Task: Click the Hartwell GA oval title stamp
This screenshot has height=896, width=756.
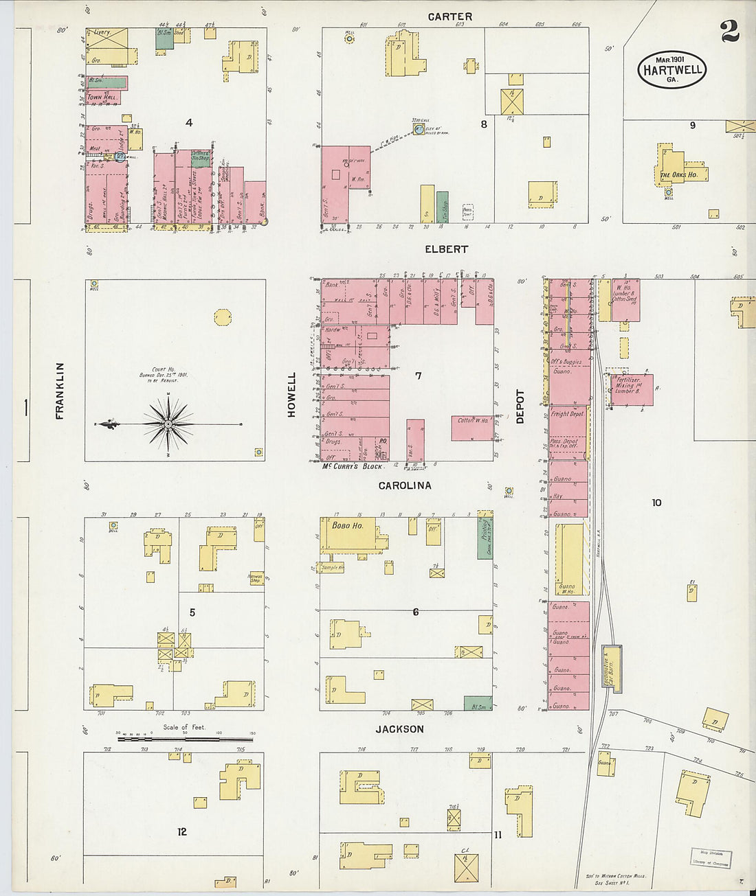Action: point(671,69)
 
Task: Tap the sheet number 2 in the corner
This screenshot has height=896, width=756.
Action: point(729,32)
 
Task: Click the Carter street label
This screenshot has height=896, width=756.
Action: point(449,16)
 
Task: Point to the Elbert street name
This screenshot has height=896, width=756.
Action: point(446,249)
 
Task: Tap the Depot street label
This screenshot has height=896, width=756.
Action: point(520,406)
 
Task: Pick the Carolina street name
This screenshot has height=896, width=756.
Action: point(405,485)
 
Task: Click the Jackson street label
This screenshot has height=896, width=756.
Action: point(399,729)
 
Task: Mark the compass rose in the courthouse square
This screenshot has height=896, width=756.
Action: point(168,424)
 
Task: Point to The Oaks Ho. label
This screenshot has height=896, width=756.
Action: point(678,175)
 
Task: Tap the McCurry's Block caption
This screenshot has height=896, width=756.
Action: point(353,467)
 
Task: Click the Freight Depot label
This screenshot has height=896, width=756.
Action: point(567,414)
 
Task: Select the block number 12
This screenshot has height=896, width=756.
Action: point(181,831)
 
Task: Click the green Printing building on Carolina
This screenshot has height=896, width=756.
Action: point(485,538)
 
